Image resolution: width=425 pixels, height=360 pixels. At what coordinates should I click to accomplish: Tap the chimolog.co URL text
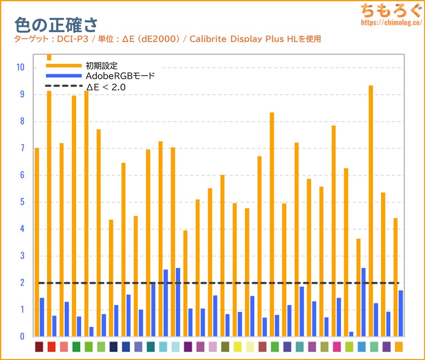coord(390,22)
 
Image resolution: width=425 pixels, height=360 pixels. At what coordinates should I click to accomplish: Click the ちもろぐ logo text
coord(390,10)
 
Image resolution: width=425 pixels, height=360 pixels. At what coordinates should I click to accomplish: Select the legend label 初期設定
coord(102,65)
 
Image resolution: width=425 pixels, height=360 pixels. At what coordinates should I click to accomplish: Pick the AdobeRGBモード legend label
coord(120,76)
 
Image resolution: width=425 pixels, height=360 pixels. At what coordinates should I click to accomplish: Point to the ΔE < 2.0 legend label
coord(106,86)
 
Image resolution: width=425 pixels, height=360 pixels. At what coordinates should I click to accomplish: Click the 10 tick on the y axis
coord(20,67)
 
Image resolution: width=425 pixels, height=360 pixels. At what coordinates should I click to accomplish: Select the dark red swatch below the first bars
coord(39,347)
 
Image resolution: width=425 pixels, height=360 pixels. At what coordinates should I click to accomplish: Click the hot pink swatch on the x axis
coord(337,347)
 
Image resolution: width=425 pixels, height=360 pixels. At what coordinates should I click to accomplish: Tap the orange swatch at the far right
coord(399,347)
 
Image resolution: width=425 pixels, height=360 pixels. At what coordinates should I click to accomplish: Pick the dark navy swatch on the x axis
coord(113,347)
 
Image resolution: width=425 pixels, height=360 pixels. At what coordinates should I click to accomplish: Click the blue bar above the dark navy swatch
coord(116,321)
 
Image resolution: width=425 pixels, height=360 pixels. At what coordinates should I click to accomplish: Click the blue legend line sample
coord(63,76)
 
